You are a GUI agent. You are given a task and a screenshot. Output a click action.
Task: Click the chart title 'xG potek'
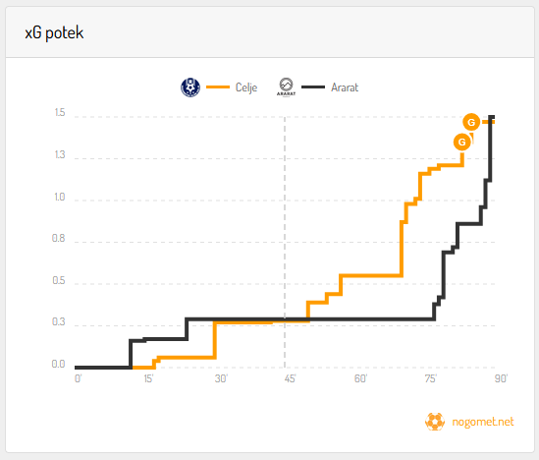pyautogui.click(x=54, y=33)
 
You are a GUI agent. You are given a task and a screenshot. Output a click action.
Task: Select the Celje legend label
pyautogui.click(x=246, y=87)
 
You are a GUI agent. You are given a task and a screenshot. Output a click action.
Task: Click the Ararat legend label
pyautogui.click(x=345, y=87)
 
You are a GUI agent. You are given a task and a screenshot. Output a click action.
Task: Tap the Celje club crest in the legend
pyautogui.click(x=190, y=87)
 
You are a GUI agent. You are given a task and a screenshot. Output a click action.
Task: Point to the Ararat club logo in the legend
pyautogui.click(x=286, y=87)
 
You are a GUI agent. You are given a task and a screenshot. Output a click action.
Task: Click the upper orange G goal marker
pyautogui.click(x=471, y=122)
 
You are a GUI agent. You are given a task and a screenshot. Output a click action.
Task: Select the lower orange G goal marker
pyautogui.click(x=462, y=142)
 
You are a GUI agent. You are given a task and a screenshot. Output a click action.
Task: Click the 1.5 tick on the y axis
pyautogui.click(x=60, y=112)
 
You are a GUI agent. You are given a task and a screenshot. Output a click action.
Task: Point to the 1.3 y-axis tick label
pyautogui.click(x=60, y=155)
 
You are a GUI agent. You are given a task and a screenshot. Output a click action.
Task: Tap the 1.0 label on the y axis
pyautogui.click(x=60, y=197)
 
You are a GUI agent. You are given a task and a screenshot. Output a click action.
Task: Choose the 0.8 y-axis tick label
pyautogui.click(x=59, y=238)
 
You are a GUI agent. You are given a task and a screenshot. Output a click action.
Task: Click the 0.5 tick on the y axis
pyautogui.click(x=59, y=280)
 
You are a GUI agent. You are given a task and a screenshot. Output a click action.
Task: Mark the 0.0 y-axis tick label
pyautogui.click(x=59, y=364)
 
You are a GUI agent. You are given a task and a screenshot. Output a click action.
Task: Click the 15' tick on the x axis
pyautogui.click(x=148, y=378)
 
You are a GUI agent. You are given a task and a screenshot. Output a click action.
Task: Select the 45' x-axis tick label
pyautogui.click(x=290, y=378)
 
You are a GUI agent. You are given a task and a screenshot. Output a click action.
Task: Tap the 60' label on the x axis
pyautogui.click(x=361, y=378)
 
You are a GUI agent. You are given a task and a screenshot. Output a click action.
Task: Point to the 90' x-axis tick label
pyautogui.click(x=501, y=378)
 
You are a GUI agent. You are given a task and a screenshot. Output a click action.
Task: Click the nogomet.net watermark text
pyautogui.click(x=483, y=422)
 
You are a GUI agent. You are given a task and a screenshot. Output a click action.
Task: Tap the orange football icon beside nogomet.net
pyautogui.click(x=435, y=422)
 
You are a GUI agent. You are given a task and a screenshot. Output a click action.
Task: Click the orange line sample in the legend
pyautogui.click(x=218, y=87)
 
